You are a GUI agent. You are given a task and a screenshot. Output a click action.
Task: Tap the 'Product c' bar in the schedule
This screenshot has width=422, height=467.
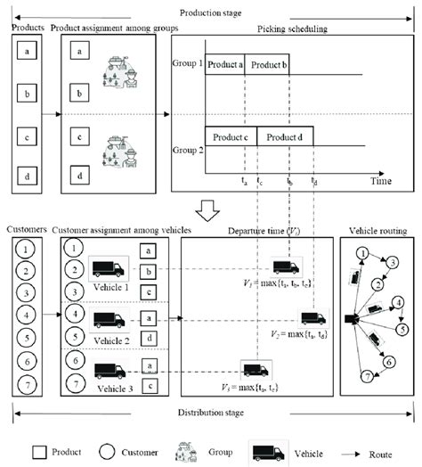(x=231, y=137)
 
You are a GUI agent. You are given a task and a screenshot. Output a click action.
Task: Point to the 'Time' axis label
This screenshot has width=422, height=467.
(x=381, y=181)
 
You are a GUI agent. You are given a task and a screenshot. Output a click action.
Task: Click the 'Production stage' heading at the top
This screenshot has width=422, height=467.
(x=211, y=12)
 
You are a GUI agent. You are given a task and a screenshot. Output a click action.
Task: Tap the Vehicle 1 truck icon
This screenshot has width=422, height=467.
(x=107, y=267)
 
